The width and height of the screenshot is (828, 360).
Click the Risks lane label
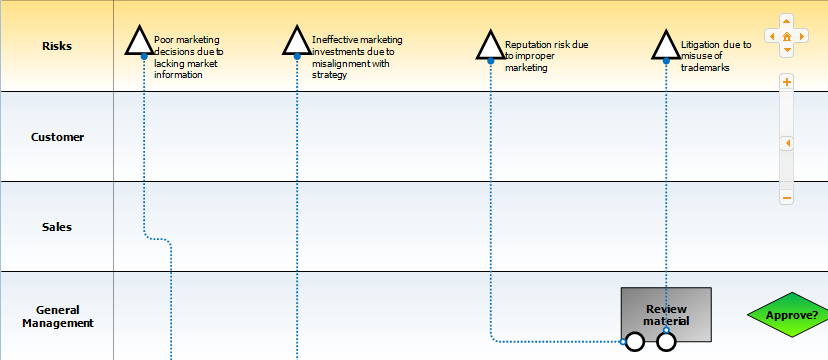pos(57,46)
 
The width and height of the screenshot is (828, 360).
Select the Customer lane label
pos(57,137)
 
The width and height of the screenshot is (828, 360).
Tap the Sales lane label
pos(57,227)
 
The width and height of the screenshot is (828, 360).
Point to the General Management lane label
pos(58,316)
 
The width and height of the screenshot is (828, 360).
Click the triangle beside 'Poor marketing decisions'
pos(139,41)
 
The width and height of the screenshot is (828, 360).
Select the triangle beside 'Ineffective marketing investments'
pos(297,41)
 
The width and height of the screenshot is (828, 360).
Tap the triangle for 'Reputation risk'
pos(491,45)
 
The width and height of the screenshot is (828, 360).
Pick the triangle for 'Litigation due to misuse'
pos(666,45)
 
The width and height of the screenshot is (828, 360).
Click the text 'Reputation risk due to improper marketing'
pos(547,56)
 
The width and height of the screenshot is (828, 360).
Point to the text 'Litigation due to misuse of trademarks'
pos(716,56)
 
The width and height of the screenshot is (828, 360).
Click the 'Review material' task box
pos(666,315)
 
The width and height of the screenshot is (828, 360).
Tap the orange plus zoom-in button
pos(787,82)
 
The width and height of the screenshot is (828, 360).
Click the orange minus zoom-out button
pos(787,198)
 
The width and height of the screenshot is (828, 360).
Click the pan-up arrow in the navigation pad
pos(787,22)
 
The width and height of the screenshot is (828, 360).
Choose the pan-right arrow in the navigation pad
pos(802,36)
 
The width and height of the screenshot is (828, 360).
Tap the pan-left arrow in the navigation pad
pos(771,36)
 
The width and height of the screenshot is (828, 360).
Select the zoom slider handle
pos(787,144)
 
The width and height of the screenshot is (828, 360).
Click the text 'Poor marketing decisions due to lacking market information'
pos(189,57)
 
